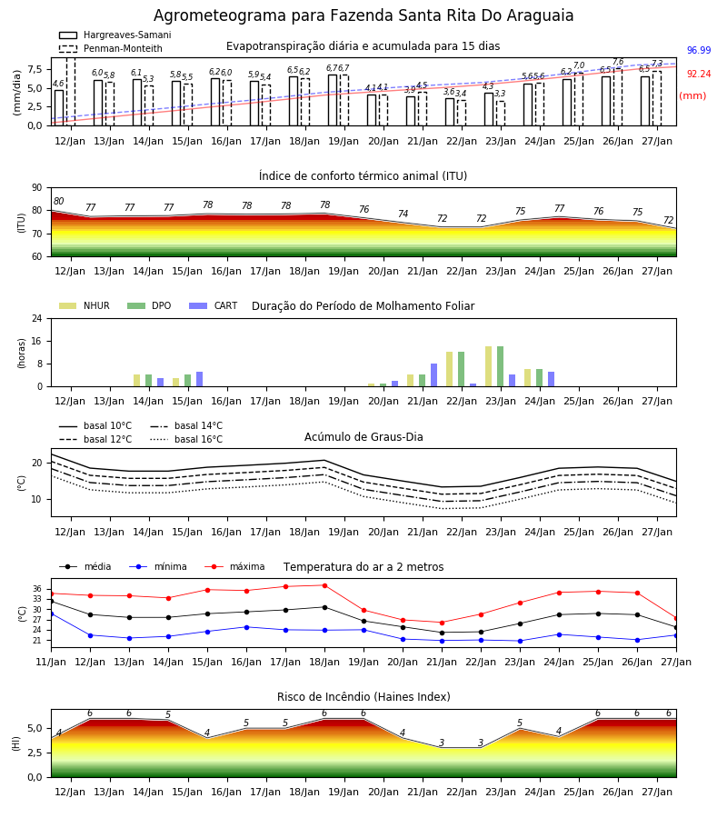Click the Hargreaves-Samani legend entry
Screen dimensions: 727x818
[x=115, y=35]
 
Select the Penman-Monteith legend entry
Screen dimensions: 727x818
[x=111, y=48]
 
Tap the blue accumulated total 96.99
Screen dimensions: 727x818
[x=699, y=50]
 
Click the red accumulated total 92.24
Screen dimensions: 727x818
[x=699, y=75]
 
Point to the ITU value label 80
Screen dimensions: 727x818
[x=58, y=201]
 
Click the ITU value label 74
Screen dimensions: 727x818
[x=403, y=214]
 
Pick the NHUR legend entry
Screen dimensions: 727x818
[x=85, y=305]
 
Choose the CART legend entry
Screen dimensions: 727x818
[x=214, y=305]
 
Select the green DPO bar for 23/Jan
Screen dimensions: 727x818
[x=500, y=366]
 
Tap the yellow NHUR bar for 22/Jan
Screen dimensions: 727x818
[x=450, y=369]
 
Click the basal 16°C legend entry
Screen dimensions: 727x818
[x=186, y=439]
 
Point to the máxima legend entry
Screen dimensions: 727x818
[x=234, y=566]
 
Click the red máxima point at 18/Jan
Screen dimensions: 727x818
[x=325, y=585]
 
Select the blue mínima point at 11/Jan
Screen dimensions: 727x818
[x=52, y=614]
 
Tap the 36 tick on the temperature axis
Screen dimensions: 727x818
[x=37, y=588]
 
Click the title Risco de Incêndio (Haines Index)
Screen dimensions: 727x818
[x=363, y=697]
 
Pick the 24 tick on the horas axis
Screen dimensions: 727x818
[x=38, y=318]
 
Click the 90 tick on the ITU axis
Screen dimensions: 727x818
[x=37, y=188]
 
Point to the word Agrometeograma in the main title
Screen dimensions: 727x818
[x=220, y=15]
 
